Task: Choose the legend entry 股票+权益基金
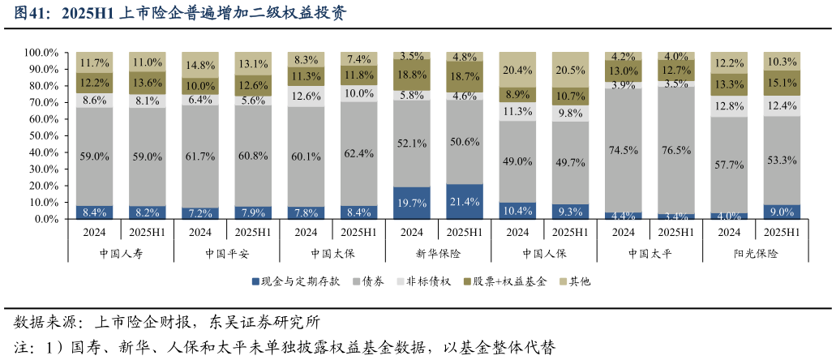click(504, 281)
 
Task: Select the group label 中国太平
click(650, 253)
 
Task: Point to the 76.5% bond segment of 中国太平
click(676, 151)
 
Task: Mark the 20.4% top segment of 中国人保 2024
click(517, 69)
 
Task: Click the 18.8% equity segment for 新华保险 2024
click(412, 75)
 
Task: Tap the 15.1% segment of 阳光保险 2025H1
click(782, 82)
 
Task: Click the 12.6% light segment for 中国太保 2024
click(306, 96)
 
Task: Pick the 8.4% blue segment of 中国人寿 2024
click(94, 212)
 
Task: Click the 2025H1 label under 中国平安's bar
click(253, 232)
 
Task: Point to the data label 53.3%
click(782, 161)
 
